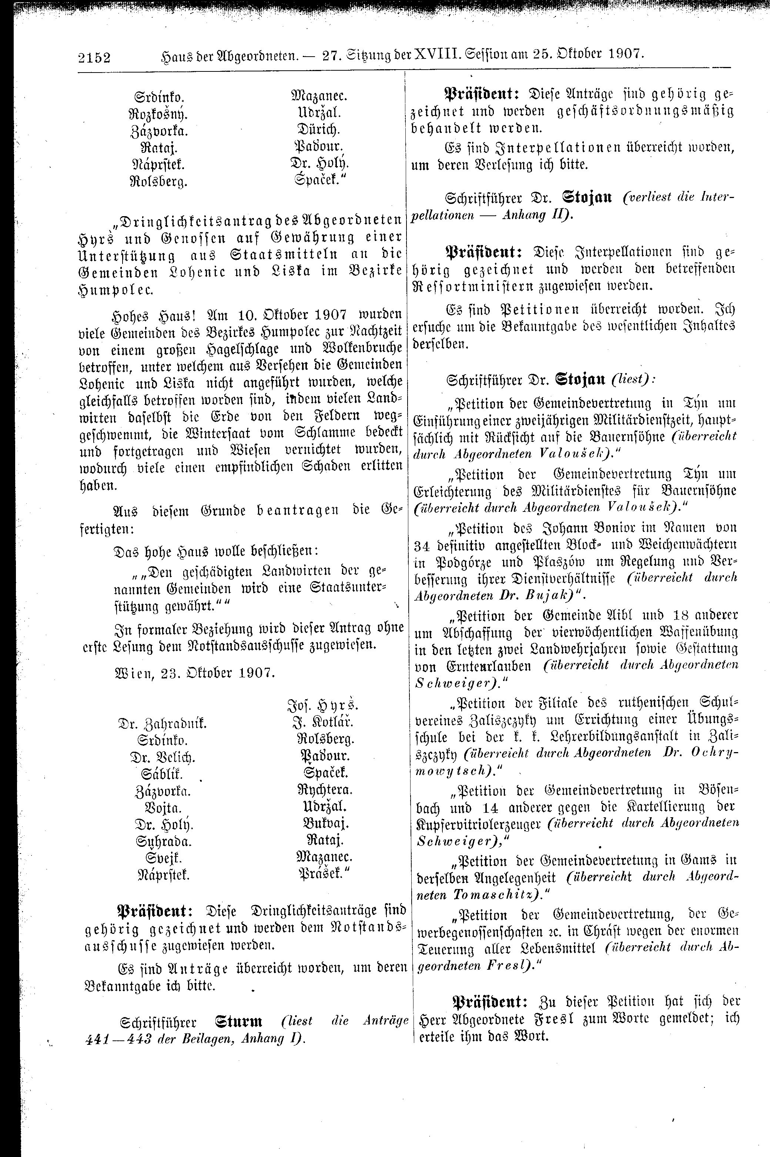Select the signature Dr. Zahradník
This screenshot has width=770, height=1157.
[x=162, y=723]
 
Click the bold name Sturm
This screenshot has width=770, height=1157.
[x=238, y=1022]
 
